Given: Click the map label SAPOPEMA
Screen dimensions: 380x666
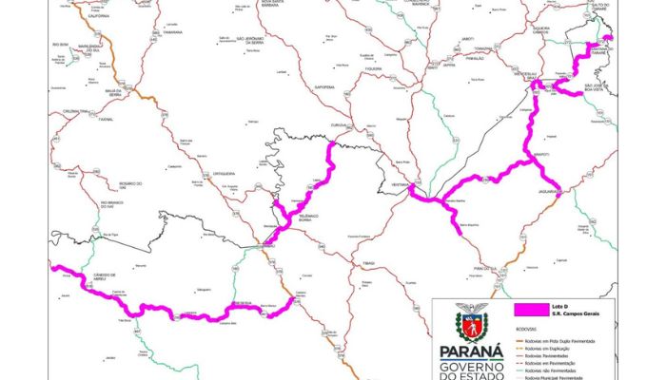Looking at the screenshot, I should coord(325,86).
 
